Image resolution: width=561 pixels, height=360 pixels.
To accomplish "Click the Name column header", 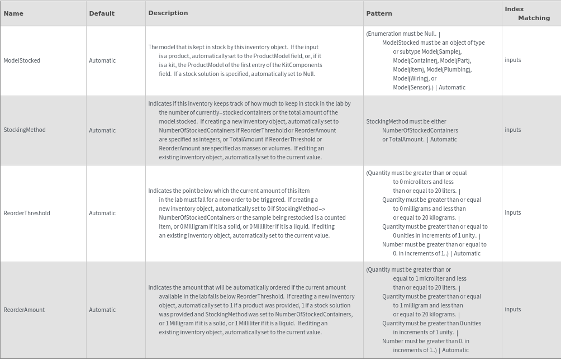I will (13, 13).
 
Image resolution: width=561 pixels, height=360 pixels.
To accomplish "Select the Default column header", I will (102, 13).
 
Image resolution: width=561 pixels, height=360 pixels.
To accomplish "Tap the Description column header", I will (168, 13).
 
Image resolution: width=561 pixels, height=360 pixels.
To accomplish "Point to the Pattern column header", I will (379, 13).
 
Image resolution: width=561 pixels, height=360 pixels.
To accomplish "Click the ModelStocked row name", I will (22, 60).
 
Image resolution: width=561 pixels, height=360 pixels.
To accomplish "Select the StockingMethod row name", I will (25, 130).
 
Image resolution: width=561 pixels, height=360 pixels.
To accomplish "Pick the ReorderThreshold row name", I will (27, 213).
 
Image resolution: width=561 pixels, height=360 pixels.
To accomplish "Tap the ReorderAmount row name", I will (24, 310).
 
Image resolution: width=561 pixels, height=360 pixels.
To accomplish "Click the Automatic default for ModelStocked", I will (102, 60).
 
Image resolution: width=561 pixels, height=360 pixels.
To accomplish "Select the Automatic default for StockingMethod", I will (102, 130).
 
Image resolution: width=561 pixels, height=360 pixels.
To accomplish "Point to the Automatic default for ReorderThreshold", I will (102, 213).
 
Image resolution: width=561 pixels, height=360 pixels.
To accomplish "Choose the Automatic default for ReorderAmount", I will (102, 310).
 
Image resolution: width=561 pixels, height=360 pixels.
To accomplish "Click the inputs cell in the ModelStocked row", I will (513, 60).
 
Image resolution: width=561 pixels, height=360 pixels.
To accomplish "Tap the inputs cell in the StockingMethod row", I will (513, 130).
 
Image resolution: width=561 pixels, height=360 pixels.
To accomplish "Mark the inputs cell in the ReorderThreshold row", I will (513, 212).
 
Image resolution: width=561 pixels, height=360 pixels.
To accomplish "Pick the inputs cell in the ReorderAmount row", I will (513, 309).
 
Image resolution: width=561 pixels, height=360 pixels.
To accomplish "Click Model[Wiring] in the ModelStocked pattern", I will (410, 78).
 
